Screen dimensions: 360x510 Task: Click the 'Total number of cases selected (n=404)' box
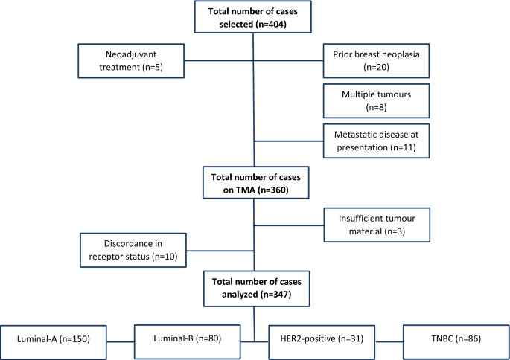[x=254, y=16]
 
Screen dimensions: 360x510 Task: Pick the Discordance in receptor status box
[x=135, y=249]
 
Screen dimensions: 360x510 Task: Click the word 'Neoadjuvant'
[x=134, y=52]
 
